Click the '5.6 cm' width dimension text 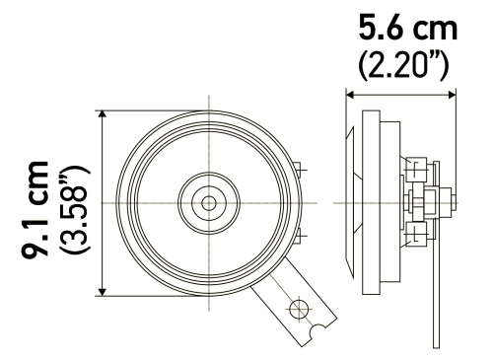400,26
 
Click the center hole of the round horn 208,202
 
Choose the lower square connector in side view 418,234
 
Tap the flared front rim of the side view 351,202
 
